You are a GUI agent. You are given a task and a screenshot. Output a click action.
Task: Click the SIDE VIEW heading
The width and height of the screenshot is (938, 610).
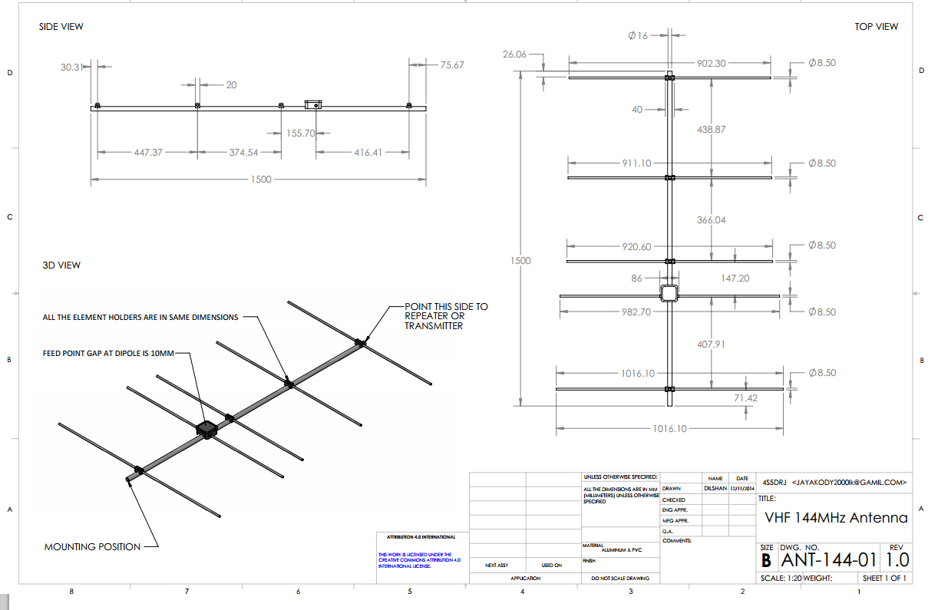(x=61, y=27)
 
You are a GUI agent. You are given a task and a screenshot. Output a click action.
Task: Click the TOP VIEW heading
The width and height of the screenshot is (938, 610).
(x=876, y=27)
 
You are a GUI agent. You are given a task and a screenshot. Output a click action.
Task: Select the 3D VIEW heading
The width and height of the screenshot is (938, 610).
(x=61, y=265)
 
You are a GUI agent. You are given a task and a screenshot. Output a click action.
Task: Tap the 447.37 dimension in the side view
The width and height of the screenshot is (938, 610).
(x=148, y=153)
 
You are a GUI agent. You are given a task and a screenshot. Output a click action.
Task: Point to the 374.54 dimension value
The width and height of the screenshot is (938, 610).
(x=243, y=153)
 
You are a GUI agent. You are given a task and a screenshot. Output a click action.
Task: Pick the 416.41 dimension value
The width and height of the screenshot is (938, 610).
(x=368, y=153)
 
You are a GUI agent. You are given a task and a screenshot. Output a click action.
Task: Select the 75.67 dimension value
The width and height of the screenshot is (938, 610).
(x=452, y=66)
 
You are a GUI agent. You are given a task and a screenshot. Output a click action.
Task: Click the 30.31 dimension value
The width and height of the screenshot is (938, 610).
(x=72, y=68)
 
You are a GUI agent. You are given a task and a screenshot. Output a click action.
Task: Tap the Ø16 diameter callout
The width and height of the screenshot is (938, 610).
(x=638, y=35)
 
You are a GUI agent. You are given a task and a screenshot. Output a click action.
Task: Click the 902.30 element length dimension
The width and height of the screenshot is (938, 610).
(x=712, y=64)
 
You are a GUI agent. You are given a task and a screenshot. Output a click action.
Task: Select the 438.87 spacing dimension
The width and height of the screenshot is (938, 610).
(x=711, y=130)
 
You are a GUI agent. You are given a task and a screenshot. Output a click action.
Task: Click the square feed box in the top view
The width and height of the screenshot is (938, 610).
(x=669, y=294)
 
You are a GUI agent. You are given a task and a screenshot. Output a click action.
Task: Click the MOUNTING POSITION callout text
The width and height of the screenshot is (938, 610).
(x=92, y=547)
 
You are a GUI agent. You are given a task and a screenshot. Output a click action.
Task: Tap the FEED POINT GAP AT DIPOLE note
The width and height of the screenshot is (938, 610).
(x=109, y=354)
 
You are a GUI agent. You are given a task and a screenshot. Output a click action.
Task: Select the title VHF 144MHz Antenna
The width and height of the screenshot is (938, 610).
(x=836, y=518)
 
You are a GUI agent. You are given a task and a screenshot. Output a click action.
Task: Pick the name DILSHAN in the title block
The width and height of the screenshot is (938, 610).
(x=714, y=488)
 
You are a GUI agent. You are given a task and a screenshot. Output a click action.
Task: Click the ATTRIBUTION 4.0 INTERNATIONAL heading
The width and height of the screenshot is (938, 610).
(x=421, y=537)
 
